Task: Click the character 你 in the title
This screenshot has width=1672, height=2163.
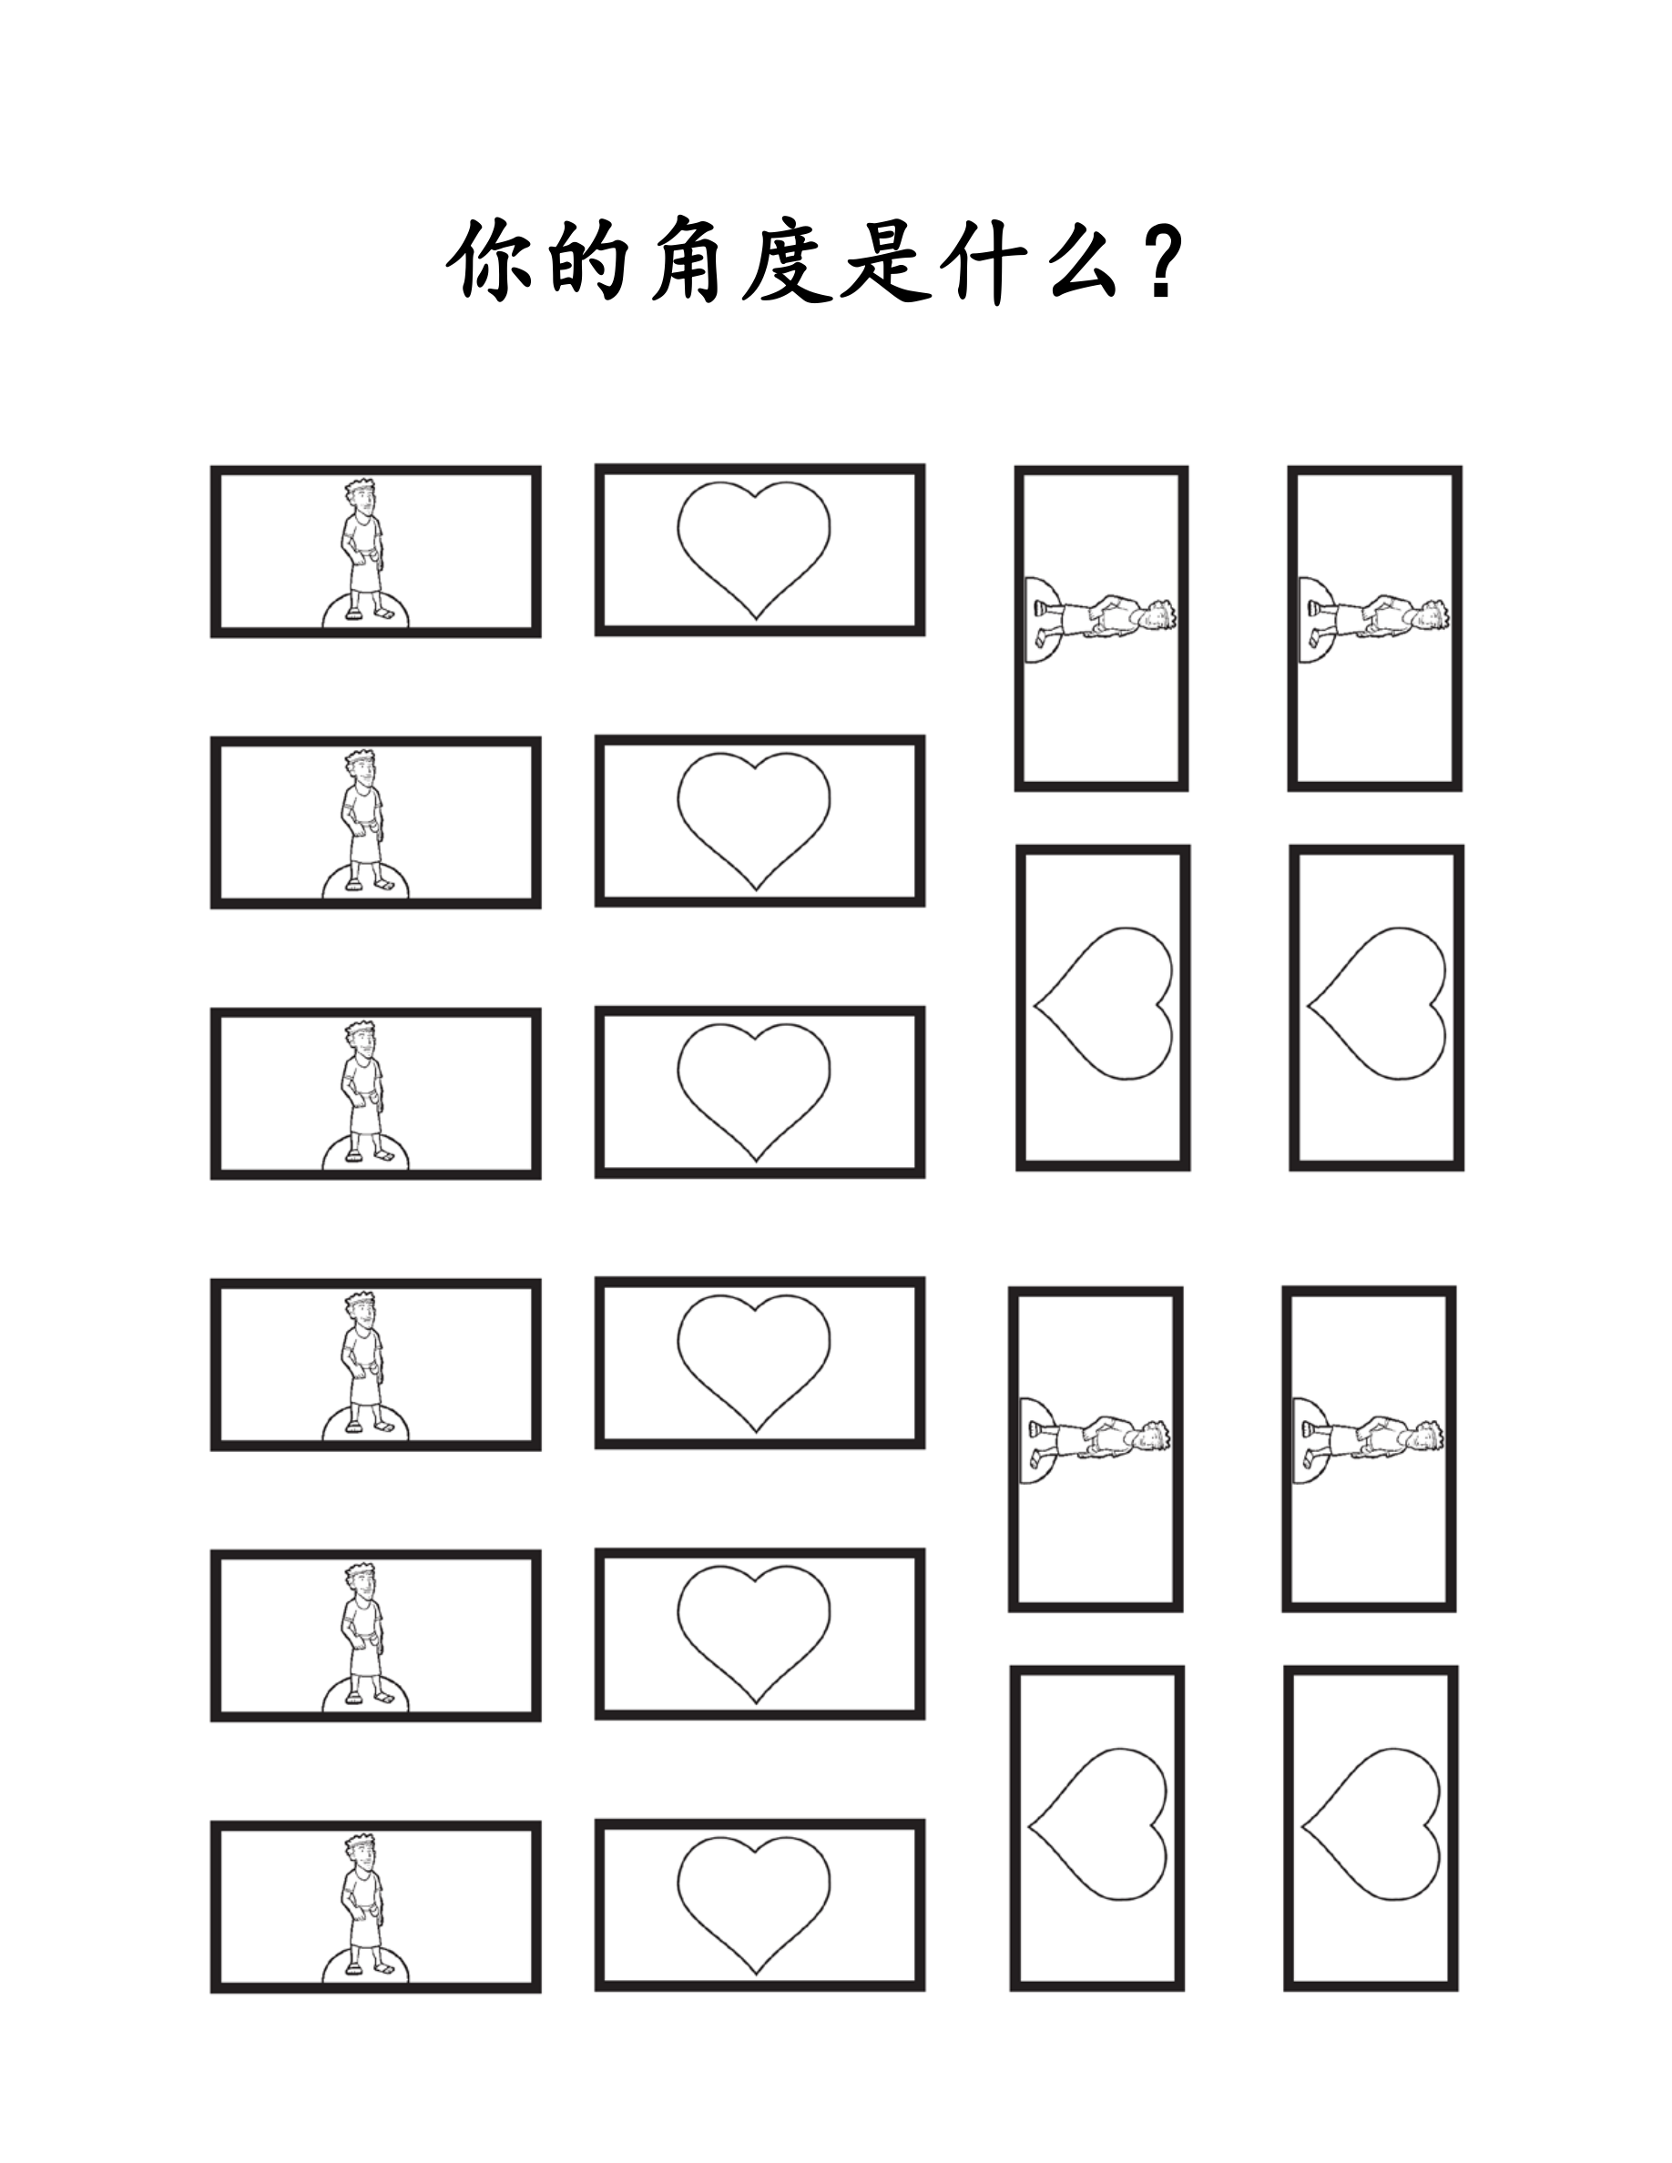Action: pos(487,261)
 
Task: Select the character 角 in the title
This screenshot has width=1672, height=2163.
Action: pos(686,261)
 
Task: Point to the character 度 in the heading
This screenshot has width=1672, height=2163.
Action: pos(786,261)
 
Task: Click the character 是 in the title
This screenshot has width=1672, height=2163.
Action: pos(885,261)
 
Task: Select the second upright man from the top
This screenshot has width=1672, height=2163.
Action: pos(362,821)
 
